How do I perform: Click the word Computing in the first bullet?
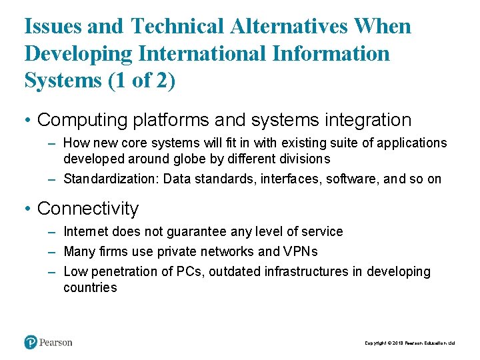click(82, 120)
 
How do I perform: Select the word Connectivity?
click(88, 209)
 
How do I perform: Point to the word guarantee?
click(191, 232)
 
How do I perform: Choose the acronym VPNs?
click(301, 252)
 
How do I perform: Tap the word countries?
click(90, 288)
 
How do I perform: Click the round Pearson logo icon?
click(31, 342)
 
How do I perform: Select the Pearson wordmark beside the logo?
click(56, 343)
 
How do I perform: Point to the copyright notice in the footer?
click(409, 343)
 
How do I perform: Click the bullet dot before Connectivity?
click(27, 209)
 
